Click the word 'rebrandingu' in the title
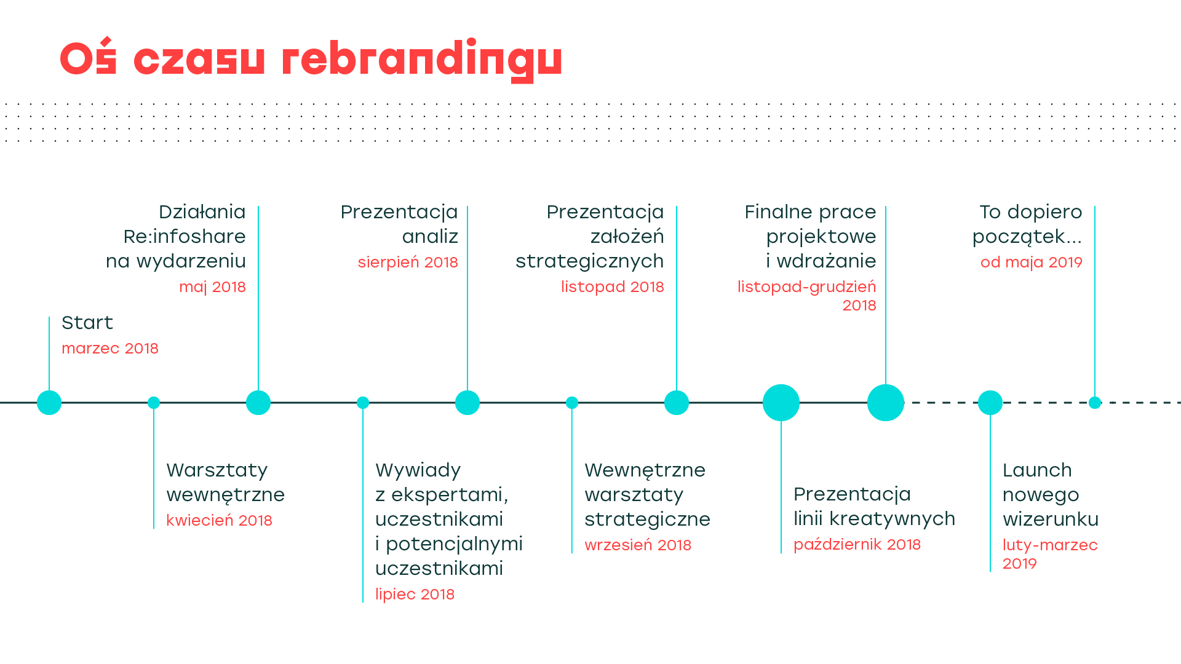pos(422,60)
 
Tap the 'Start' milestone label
pos(87,322)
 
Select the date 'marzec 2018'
pos(110,349)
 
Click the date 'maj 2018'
pos(212,287)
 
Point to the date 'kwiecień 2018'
pos(219,521)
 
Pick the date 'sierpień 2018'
pos(408,263)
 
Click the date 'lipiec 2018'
pos(415,595)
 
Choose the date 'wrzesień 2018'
pos(638,545)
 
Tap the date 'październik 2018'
pos(857,545)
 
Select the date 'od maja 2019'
pos(1031,263)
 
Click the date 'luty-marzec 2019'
pos(1050,554)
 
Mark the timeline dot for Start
pos(49,403)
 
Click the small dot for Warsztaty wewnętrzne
pos(154,403)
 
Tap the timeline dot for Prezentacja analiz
pos(467,403)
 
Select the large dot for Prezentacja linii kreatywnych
pos(781,403)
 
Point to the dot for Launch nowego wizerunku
pos(990,403)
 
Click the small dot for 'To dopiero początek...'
pos(1095,403)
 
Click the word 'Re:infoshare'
pos(185,236)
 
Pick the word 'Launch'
pos(1037,470)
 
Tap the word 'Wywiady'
pos(418,471)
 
